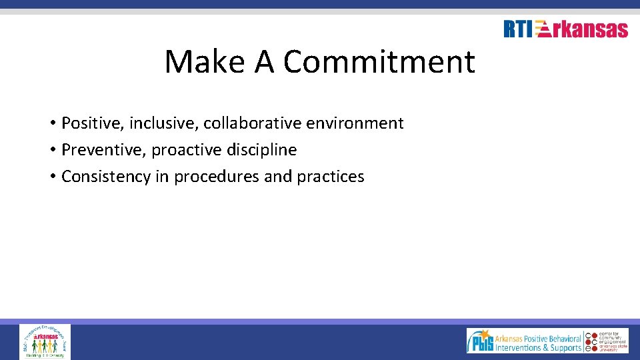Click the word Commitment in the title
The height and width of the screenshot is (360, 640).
pyautogui.click(x=379, y=62)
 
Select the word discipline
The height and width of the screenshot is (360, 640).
pyautogui.click(x=263, y=150)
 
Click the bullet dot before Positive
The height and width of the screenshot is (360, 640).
pyautogui.click(x=51, y=124)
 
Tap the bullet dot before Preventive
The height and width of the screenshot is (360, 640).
pyautogui.click(x=51, y=151)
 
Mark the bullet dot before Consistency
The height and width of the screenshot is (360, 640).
pyautogui.click(x=51, y=177)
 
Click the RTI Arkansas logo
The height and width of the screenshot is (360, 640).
pyautogui.click(x=565, y=29)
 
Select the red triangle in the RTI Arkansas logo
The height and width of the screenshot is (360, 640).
pyautogui.click(x=543, y=29)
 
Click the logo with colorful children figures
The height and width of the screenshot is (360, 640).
pyautogui.click(x=45, y=341)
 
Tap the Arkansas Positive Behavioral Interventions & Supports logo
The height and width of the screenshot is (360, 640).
pyautogui.click(x=524, y=341)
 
